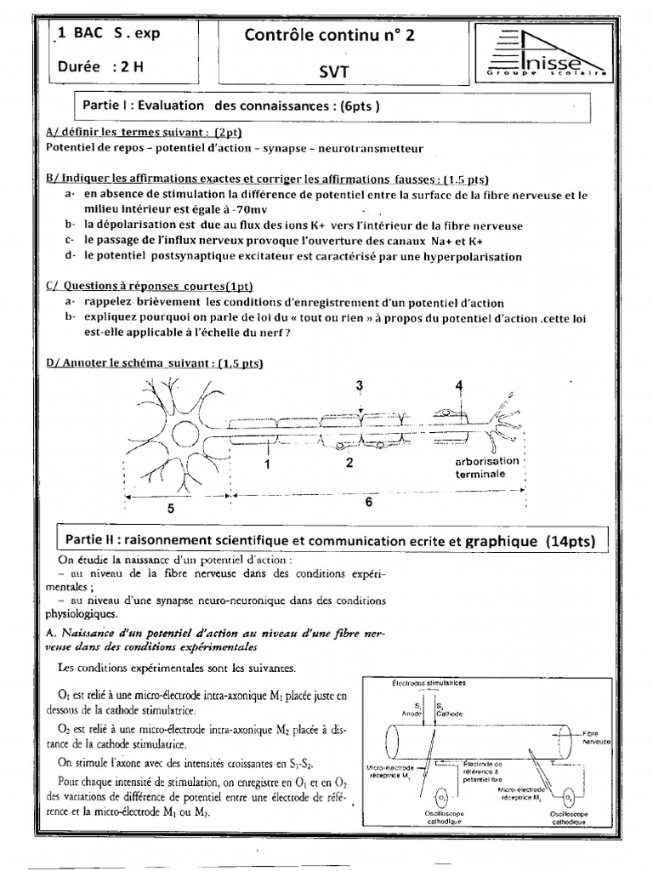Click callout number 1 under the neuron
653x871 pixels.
(x=267, y=464)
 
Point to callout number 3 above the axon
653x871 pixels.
(x=360, y=385)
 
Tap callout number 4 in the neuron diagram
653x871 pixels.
(x=459, y=385)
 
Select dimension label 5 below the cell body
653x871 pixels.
(x=170, y=508)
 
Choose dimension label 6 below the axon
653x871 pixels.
(x=368, y=502)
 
